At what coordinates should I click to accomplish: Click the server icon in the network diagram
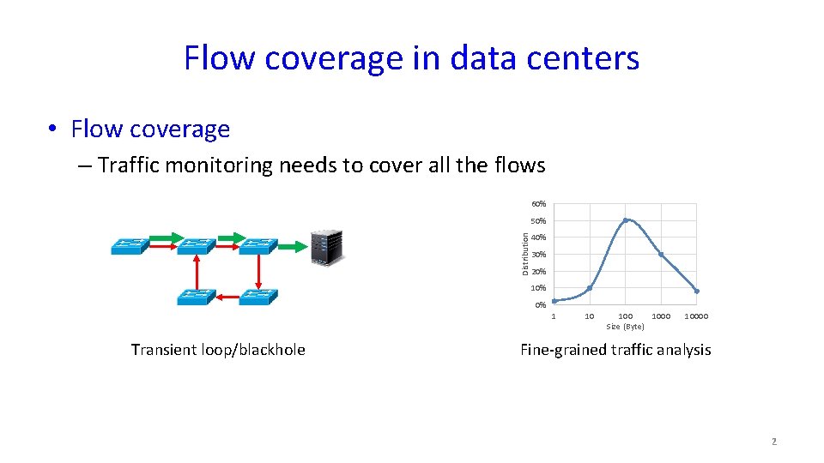point(326,247)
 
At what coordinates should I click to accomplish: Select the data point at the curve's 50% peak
point(625,220)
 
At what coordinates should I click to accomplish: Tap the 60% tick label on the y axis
point(539,204)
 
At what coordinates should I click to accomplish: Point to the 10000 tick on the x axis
point(696,316)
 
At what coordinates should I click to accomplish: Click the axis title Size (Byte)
point(625,327)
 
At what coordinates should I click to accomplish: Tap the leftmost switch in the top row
point(130,247)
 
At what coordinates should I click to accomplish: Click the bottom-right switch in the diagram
point(258,297)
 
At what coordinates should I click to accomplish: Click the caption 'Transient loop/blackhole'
point(218,350)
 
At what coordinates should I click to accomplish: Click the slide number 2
point(773,442)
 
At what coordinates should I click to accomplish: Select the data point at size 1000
point(661,255)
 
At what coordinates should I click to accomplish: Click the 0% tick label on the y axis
point(540,305)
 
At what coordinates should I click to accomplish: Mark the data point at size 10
point(590,288)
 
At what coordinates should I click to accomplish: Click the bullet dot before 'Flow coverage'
point(53,129)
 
